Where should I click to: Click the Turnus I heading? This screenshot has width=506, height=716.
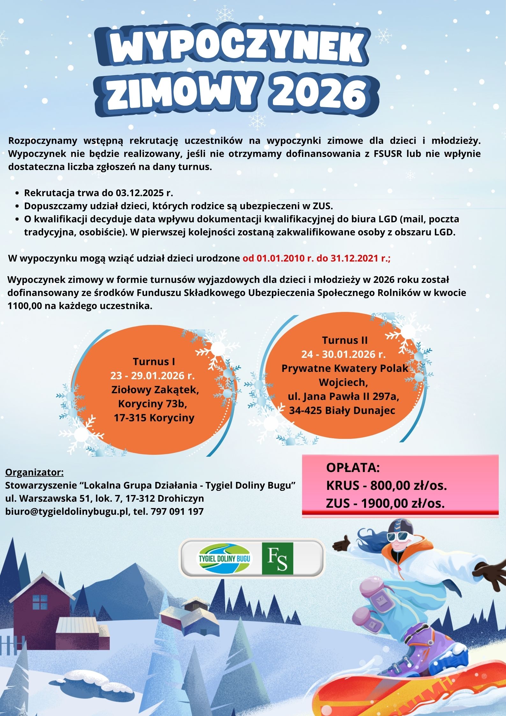(154, 361)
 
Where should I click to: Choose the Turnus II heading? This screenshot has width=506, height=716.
(345, 340)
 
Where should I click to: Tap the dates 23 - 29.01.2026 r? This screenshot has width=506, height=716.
(152, 375)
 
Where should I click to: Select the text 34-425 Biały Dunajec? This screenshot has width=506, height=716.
(342, 410)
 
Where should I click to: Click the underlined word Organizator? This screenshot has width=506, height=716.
(34, 472)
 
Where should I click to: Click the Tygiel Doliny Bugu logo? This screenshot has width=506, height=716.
(224, 558)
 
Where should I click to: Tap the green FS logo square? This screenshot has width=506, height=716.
(277, 558)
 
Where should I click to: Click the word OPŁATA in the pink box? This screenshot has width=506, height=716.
(353, 468)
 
